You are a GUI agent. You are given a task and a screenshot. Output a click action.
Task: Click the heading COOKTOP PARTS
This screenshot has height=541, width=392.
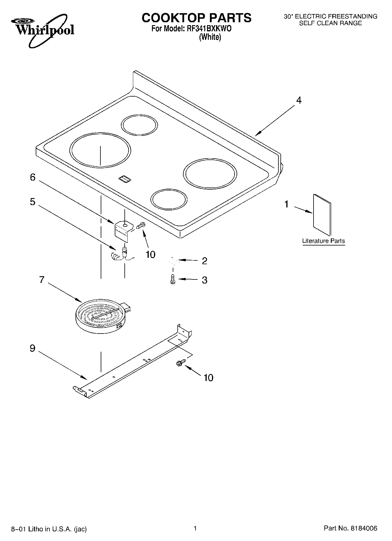pos(196,18)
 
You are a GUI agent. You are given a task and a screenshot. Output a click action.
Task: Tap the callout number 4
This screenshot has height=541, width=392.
pos(298,100)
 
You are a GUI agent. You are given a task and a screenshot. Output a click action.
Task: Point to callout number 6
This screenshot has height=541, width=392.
pos(32,177)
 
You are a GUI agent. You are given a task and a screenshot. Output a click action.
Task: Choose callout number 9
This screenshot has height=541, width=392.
pos(32,348)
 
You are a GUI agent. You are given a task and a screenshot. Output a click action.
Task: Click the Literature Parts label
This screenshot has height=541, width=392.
pos(323,241)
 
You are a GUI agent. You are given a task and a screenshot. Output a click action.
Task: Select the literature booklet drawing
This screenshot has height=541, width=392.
pos(322,214)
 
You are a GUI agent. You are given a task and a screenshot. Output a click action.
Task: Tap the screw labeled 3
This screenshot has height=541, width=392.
pos(172,279)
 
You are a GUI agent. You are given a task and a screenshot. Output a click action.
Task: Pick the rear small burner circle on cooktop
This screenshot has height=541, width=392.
pos(139,125)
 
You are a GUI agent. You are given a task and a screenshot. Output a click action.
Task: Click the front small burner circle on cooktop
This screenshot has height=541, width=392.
pos(169,200)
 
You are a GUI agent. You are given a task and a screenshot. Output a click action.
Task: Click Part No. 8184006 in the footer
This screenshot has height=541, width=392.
pos(350,528)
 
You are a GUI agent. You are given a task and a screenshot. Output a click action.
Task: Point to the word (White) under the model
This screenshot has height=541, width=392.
pos(210,37)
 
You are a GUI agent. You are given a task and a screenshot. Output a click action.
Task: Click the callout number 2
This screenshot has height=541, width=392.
pos(204,261)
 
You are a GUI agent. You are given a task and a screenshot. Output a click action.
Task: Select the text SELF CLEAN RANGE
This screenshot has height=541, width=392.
pos(330,23)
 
